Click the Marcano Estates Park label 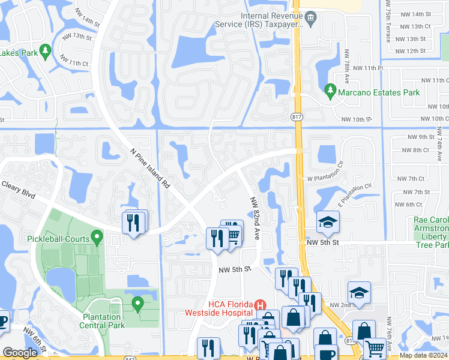click(378, 93)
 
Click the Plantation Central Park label click(104, 320)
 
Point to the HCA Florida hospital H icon click(260, 306)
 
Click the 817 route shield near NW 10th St click(298, 116)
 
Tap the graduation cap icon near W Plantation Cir click(328, 223)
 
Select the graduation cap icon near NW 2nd click(359, 293)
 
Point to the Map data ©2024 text click(423, 355)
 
